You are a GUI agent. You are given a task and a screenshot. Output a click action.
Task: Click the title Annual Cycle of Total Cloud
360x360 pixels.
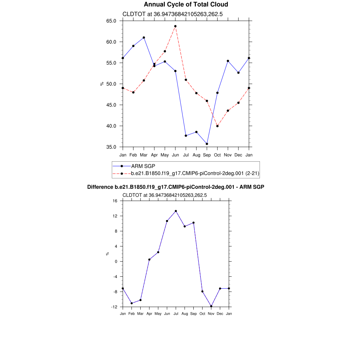tap(186, 5)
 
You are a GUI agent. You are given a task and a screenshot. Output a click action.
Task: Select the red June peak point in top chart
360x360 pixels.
tap(175, 26)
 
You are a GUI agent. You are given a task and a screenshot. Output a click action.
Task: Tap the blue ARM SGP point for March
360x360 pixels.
tap(144, 38)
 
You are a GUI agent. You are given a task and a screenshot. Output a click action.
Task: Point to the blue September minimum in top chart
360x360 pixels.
tap(207, 144)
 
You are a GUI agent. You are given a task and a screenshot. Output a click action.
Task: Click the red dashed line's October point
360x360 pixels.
tap(217, 126)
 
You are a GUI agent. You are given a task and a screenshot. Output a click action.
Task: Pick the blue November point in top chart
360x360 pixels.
tap(228, 61)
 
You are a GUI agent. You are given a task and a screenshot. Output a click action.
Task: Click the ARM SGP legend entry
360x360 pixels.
tap(143, 166)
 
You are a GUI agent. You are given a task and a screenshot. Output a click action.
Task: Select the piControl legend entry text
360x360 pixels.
tap(195, 173)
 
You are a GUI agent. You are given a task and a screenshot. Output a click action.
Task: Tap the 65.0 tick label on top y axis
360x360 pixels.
tap(111, 21)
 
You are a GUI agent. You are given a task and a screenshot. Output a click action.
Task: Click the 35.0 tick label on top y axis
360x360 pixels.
tap(111, 147)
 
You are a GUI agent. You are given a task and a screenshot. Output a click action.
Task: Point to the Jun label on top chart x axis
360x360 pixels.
tap(175, 155)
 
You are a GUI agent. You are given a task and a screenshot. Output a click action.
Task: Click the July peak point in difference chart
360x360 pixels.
tap(176, 211)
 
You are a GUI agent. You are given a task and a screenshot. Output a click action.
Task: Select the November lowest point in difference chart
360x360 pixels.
tap(211, 306)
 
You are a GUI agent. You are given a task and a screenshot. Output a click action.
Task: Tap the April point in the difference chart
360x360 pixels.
tap(149, 259)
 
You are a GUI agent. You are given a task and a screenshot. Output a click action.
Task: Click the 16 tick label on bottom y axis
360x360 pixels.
tap(115, 201)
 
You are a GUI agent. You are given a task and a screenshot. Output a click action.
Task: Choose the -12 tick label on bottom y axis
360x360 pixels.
tap(114, 307)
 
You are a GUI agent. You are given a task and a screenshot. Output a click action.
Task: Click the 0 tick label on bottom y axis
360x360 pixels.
tap(116, 262)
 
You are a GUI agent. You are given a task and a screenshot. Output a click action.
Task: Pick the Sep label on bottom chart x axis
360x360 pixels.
tap(193, 314)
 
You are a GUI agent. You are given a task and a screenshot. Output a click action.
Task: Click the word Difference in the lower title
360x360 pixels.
tap(100, 187)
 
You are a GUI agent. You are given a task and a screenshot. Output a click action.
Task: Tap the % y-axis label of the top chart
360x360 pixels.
tap(102, 84)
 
